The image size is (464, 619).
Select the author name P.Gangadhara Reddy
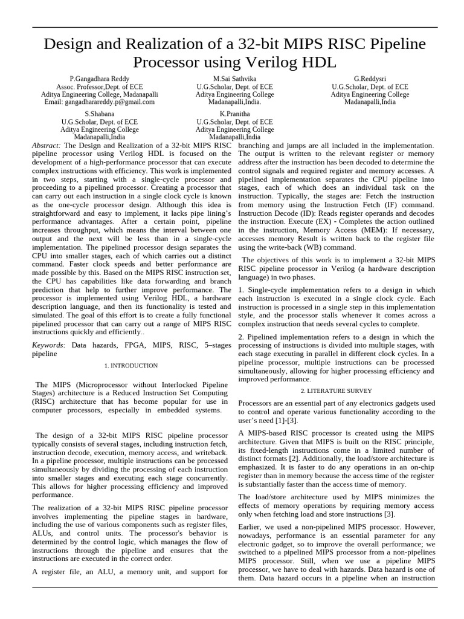(x=100, y=79)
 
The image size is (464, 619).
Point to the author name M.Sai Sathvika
(x=234, y=79)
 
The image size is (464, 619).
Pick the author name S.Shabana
(x=100, y=113)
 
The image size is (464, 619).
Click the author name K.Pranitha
(x=234, y=113)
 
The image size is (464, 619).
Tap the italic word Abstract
(x=46, y=146)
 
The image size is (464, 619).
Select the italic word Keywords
(x=48, y=345)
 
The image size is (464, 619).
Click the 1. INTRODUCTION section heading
(x=131, y=366)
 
